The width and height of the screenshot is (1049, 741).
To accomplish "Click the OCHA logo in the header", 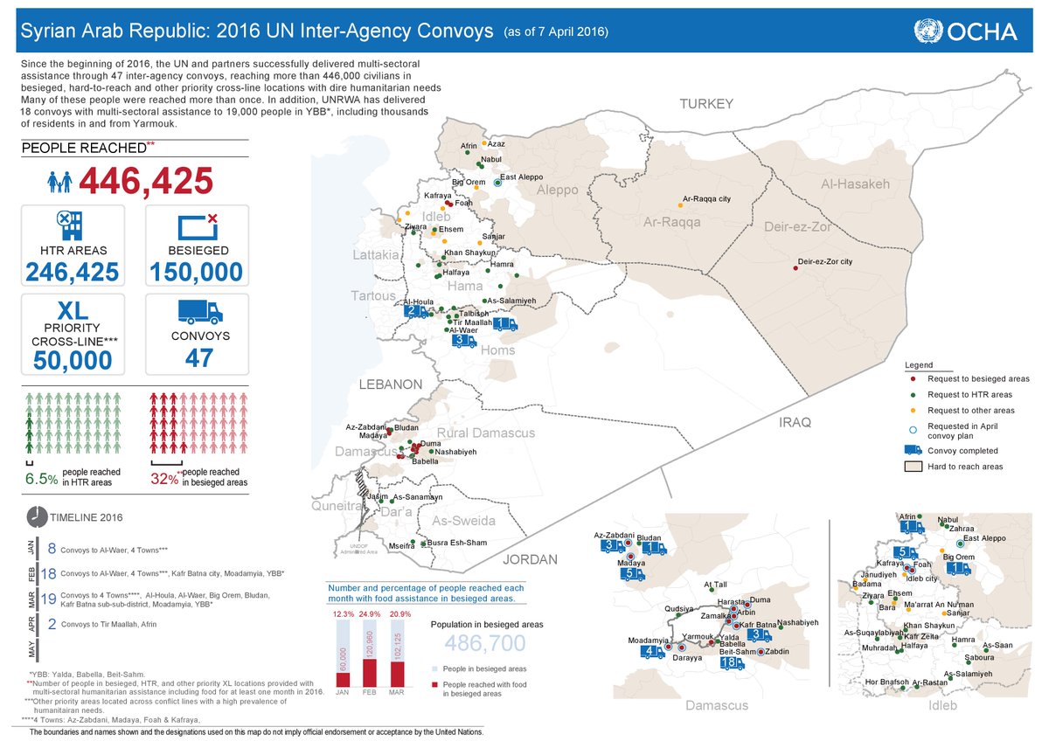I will (964, 32).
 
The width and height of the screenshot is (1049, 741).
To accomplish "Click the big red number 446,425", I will (146, 181).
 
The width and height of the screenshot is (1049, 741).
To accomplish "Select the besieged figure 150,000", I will (196, 272).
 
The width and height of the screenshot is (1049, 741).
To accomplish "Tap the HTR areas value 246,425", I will (73, 272).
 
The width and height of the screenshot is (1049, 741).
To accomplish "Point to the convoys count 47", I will (199, 357).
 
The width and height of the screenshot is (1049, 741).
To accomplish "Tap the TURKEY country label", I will (706, 105).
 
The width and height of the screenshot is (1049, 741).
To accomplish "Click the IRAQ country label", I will (795, 422).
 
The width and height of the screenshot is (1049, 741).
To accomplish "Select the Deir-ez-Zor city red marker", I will (795, 268).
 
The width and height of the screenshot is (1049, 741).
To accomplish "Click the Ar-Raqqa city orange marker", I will (680, 205).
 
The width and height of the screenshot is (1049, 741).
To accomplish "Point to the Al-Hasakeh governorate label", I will (855, 184).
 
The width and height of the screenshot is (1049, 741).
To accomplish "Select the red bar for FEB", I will (371, 673).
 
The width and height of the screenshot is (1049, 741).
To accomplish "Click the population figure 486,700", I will (486, 644).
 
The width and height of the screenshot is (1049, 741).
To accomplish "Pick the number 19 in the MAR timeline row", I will (49, 600).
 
